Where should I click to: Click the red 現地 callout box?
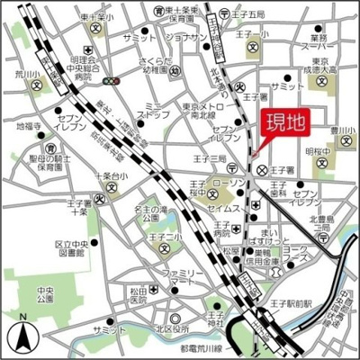281,125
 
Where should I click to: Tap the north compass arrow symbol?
20,337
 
